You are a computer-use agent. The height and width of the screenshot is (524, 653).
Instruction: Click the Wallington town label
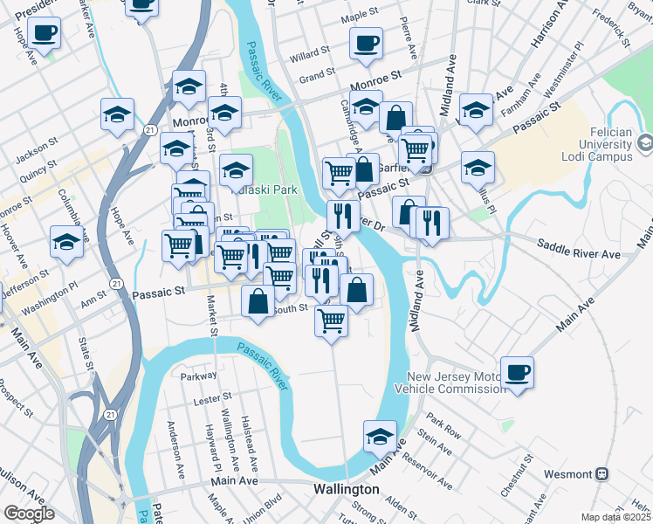[347, 490]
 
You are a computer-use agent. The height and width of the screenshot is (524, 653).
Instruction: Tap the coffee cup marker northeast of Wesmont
[518, 373]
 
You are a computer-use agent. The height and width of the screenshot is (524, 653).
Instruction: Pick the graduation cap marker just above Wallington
[380, 436]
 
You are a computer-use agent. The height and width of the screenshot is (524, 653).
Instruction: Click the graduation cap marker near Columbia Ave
[67, 244]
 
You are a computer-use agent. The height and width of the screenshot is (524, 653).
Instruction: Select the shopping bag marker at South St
[258, 302]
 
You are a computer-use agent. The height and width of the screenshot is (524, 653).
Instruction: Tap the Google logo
[29, 514]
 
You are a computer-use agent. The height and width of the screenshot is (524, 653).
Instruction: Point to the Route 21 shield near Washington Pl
[118, 283]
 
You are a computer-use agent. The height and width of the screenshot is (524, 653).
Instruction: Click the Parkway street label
[197, 376]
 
